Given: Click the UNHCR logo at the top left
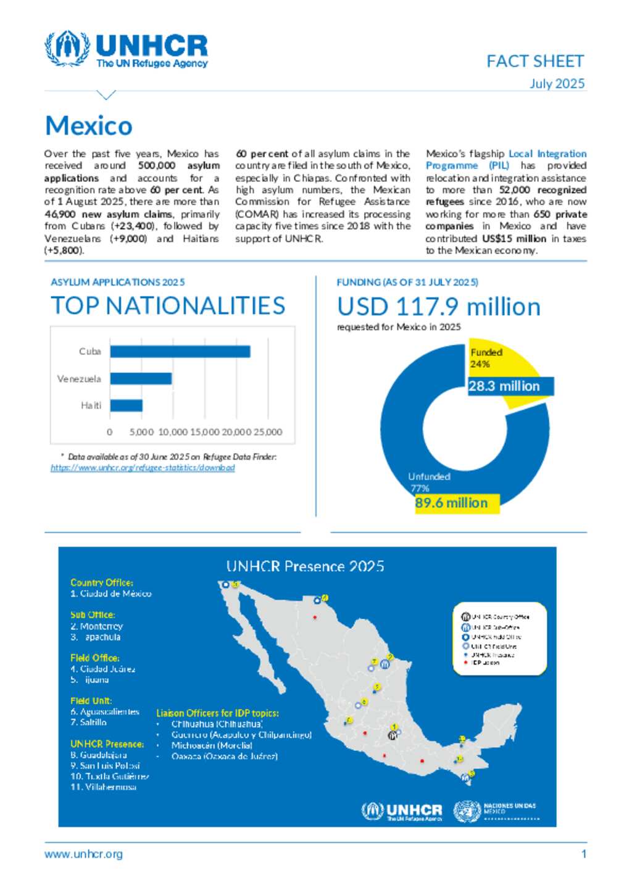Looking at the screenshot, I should (x=126, y=49).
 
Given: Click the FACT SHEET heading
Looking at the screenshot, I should (x=534, y=61).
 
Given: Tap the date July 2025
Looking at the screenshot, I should (x=557, y=84).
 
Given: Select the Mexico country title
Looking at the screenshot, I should (x=89, y=126).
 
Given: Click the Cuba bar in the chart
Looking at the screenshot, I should (x=180, y=352).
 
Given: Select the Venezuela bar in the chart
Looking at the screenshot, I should (x=141, y=379).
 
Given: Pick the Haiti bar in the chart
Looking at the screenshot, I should (x=126, y=405).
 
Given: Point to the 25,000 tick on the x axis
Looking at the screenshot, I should (x=268, y=432).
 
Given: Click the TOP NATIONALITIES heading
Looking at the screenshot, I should (x=168, y=306).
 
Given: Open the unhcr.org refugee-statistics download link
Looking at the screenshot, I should (x=143, y=468).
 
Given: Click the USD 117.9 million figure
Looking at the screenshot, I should (x=438, y=307).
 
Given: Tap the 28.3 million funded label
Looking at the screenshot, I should (x=504, y=386).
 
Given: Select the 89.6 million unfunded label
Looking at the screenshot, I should (x=451, y=503).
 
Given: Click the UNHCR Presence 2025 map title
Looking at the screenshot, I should (x=305, y=566).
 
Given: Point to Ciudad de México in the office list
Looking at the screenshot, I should (x=115, y=594).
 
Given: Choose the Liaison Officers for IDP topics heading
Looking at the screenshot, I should (x=217, y=713).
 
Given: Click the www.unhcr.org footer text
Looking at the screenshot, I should (x=83, y=854).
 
